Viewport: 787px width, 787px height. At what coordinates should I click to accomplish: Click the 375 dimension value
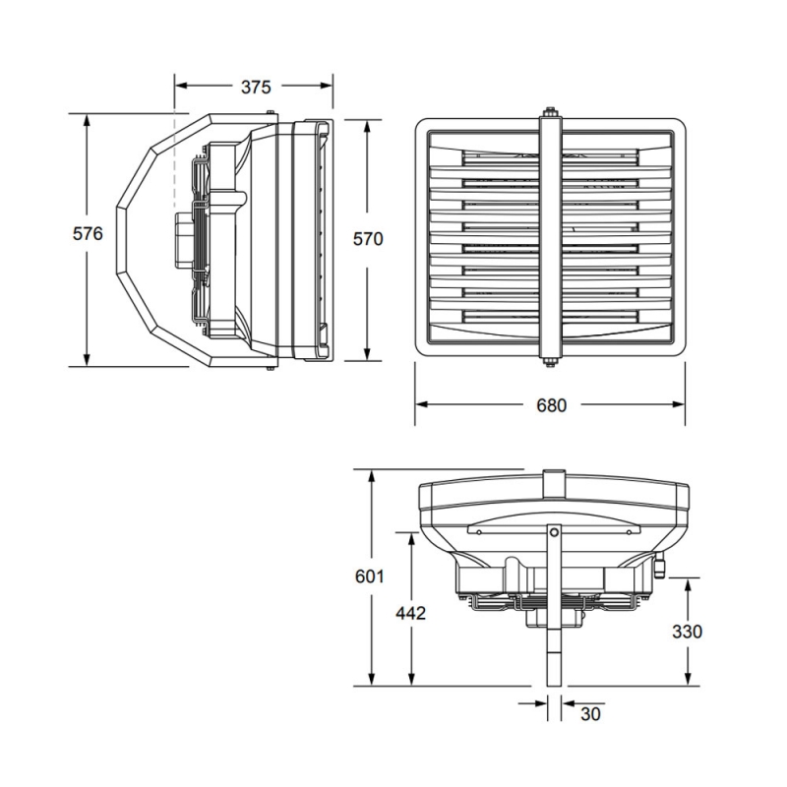coord(255,88)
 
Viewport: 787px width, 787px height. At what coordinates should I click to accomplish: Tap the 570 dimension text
coord(367,239)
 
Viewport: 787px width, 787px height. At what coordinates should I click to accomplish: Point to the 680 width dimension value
coord(551,405)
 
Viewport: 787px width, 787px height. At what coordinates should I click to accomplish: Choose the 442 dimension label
coord(410,613)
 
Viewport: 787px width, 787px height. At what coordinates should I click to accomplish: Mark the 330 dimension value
coord(686,631)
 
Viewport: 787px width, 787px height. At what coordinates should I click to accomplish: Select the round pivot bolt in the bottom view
coord(555,532)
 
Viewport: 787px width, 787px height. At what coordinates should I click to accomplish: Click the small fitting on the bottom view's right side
coord(660,567)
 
